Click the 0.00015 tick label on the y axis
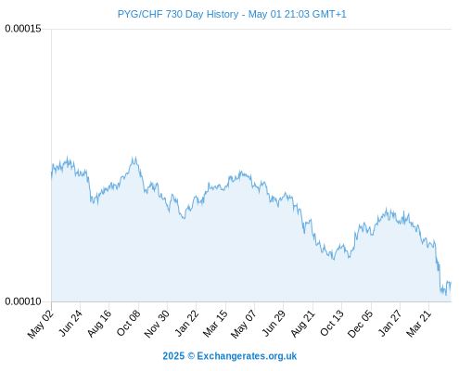coord(23,29)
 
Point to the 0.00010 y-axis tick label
coord(23,301)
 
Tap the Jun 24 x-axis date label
coord(70,324)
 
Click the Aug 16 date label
coord(99,324)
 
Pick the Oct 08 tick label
coord(129,324)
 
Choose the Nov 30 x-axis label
coord(157,324)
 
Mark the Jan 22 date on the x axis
coord(186,324)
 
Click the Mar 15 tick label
coord(215,324)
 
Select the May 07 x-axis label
coord(244,324)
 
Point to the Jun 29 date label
coord(274,324)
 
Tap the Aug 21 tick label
coord(303,324)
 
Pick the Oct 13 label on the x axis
coord(332,324)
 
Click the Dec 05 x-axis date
coord(361,324)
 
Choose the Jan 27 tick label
coord(390,324)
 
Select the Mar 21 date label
coord(419,324)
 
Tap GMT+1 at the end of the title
coord(329,14)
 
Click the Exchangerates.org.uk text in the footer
coord(247,356)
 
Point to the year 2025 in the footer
coord(173,356)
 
